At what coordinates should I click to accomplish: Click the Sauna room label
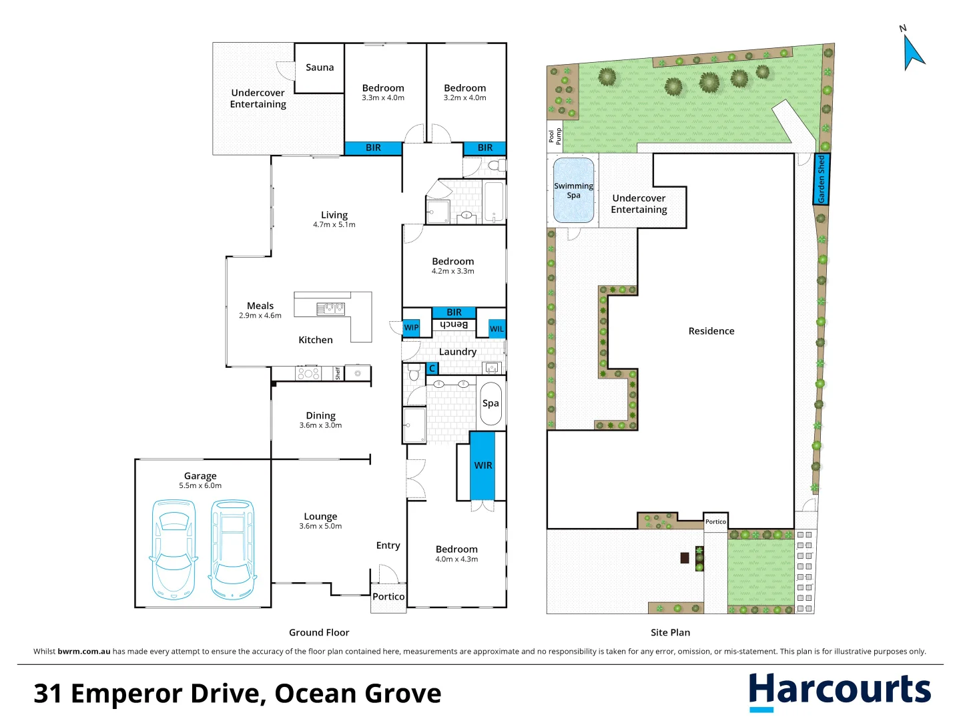(x=320, y=67)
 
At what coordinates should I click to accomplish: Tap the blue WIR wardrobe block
(x=483, y=465)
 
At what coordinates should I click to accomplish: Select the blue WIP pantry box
(x=411, y=327)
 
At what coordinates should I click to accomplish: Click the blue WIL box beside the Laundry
(x=497, y=328)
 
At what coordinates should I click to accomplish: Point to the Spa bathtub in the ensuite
(x=491, y=403)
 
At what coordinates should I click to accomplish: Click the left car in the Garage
(x=174, y=549)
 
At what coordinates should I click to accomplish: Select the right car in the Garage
(x=233, y=549)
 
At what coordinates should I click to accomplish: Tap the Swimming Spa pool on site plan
(x=573, y=190)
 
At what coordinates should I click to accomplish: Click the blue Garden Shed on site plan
(x=822, y=179)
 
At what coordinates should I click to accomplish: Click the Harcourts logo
(x=839, y=691)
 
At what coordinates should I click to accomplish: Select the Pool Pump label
(x=555, y=136)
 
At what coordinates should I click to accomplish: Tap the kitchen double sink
(x=330, y=308)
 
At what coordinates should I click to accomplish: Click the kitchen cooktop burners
(x=308, y=374)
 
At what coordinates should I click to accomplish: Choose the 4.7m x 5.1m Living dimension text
(x=334, y=225)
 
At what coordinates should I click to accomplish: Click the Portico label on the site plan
(x=715, y=522)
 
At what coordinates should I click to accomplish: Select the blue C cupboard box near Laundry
(x=432, y=369)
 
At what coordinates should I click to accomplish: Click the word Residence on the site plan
(x=711, y=331)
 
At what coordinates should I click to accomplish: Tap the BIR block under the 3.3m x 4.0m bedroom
(x=373, y=148)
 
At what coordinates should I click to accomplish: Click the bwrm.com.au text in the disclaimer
(x=83, y=652)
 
